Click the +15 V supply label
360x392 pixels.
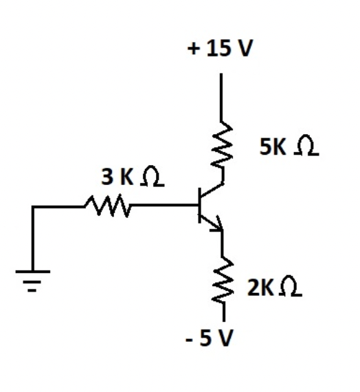point(220,47)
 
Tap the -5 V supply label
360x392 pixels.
point(210,338)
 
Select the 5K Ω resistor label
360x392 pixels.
point(289,146)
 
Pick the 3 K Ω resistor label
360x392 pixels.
point(133,177)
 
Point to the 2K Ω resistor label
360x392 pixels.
point(275,287)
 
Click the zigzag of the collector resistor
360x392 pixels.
point(222,144)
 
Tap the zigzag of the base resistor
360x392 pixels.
point(108,206)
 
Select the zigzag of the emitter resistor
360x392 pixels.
point(223,279)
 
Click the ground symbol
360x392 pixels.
point(33,281)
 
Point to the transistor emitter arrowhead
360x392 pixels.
point(217,224)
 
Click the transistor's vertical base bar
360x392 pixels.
point(199,205)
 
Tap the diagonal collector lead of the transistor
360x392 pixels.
point(212,190)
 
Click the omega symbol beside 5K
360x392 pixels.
point(306,146)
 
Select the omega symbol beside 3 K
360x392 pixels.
point(152,176)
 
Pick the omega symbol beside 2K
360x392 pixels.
point(291,286)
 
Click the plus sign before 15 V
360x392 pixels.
point(194,49)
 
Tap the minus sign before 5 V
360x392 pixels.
point(189,340)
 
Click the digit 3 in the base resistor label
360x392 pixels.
point(107,177)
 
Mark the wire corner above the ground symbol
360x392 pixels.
point(33,207)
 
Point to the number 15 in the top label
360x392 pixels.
point(218,48)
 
